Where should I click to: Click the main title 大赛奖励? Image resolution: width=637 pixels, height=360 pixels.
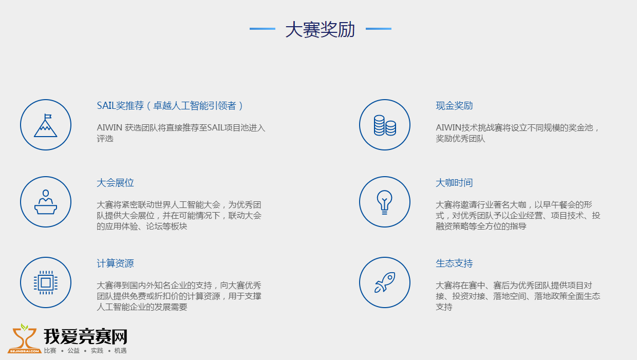coord(320,29)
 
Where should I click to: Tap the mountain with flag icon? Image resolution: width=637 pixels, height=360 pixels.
coord(46,125)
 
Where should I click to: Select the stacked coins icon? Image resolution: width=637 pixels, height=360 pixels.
coord(385,125)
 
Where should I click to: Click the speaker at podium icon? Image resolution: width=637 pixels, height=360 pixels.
coord(46,202)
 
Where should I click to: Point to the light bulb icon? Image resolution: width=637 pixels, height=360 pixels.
coord(384,202)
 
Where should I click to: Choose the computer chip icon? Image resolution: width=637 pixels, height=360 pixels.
coord(46,282)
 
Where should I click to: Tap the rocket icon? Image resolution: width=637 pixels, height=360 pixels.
coord(385,282)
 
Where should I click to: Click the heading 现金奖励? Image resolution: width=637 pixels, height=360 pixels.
coord(454,105)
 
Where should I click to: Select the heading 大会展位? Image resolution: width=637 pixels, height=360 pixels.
coord(115,182)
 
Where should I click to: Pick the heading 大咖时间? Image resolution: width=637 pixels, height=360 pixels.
coord(454,182)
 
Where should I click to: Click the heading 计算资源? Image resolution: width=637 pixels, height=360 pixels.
coord(115,263)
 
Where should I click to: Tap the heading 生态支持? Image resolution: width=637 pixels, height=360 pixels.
coord(454,263)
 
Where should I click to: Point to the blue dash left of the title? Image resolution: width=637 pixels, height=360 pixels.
coord(262,29)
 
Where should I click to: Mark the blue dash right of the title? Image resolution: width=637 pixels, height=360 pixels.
coord(379,29)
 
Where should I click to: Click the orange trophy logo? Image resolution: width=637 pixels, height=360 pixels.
coord(25,339)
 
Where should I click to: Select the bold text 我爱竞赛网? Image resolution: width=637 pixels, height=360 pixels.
coord(85,336)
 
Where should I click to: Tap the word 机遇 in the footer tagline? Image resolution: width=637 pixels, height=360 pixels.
coord(120,351)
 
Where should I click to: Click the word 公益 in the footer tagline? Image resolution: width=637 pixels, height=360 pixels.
coord(73,351)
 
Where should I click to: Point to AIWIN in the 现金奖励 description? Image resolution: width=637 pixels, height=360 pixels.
coord(448,128)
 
